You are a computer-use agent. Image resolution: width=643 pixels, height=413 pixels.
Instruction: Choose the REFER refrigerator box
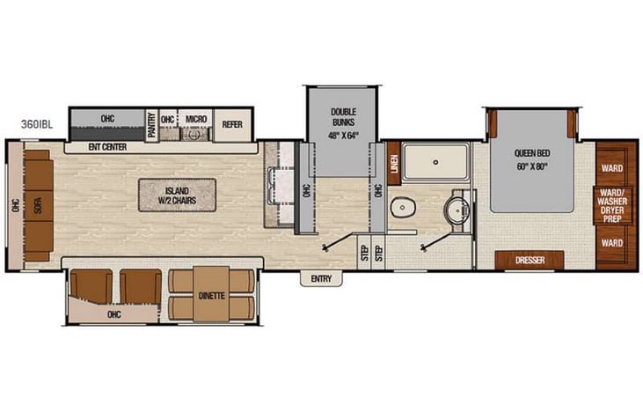[x=231, y=124]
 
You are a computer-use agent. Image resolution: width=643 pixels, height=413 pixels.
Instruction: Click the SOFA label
[x=37, y=203]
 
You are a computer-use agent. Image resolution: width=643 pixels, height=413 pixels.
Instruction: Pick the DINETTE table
[x=212, y=295]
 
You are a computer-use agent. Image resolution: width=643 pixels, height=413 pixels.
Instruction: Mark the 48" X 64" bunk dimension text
[x=342, y=135]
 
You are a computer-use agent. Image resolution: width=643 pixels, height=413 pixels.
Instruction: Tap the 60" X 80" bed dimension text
[x=530, y=166]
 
